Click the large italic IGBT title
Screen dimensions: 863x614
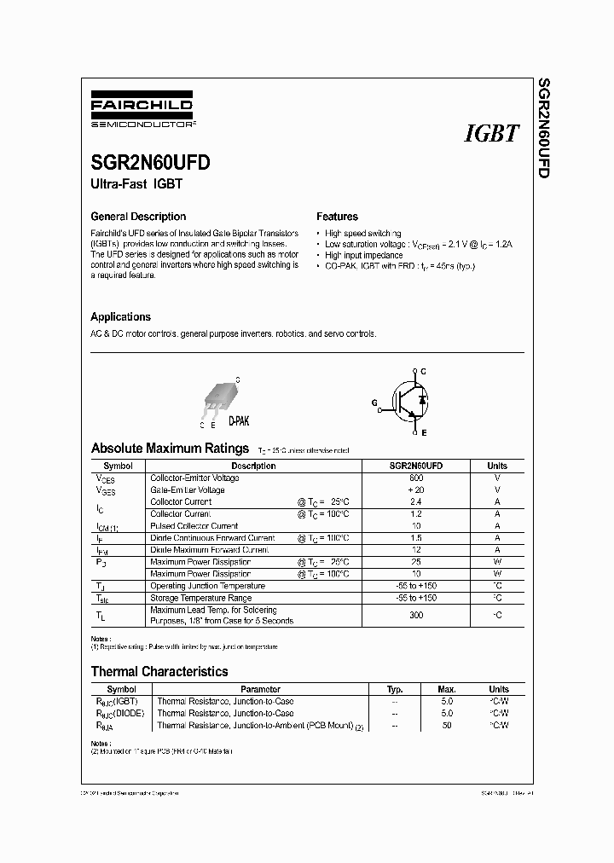pyautogui.click(x=491, y=134)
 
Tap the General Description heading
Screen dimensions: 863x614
pyautogui.click(x=138, y=217)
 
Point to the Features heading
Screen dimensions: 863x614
pyautogui.click(x=337, y=217)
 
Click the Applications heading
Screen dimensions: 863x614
pyautogui.click(x=120, y=316)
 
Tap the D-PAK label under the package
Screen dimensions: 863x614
pyautogui.click(x=239, y=421)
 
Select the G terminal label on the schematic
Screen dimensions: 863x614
pyautogui.click(x=373, y=401)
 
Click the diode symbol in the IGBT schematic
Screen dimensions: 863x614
pyautogui.click(x=423, y=400)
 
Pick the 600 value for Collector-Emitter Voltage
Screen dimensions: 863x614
pyautogui.click(x=415, y=478)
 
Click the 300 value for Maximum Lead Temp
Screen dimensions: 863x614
pyautogui.click(x=415, y=616)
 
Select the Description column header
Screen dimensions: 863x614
pyautogui.click(x=253, y=466)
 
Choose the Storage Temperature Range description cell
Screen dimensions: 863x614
pyautogui.click(x=200, y=598)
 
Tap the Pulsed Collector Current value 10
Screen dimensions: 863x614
pyautogui.click(x=415, y=526)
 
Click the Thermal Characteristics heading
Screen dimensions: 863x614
pyautogui.click(x=159, y=672)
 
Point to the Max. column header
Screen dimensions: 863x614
pyautogui.click(x=447, y=689)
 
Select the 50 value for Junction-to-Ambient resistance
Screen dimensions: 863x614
pyautogui.click(x=447, y=725)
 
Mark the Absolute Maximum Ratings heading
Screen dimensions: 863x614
pyautogui.click(x=171, y=448)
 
